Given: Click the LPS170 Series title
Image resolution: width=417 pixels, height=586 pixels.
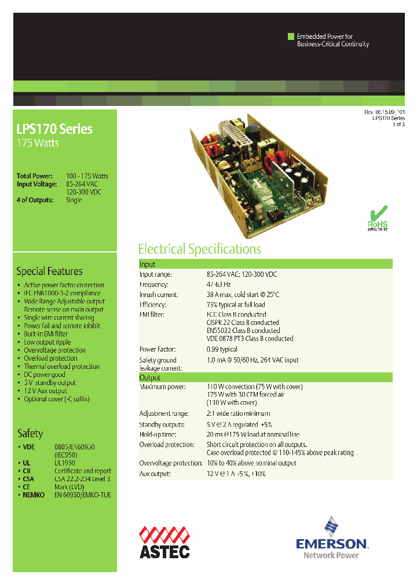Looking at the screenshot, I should [x=54, y=129].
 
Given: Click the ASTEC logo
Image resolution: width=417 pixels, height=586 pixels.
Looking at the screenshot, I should [x=164, y=543].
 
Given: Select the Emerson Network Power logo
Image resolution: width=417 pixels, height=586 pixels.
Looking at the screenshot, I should [x=331, y=539].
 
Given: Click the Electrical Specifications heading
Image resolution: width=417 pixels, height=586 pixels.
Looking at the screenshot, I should [x=199, y=249].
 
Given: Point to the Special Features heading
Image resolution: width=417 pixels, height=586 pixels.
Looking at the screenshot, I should [x=49, y=271].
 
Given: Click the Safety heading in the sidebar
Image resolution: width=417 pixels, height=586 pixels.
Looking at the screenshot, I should [x=30, y=433].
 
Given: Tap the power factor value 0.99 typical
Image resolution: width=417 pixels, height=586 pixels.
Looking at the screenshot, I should [x=222, y=349].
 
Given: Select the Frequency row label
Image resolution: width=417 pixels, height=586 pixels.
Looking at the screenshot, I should [x=153, y=284].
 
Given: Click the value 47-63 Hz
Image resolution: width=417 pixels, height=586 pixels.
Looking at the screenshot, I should [x=218, y=284].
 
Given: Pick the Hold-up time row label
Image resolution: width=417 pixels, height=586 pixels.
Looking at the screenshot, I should [x=158, y=434].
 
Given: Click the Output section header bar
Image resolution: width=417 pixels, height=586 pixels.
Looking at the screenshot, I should [x=265, y=378].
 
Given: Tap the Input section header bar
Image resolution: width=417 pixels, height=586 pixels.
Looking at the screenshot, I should [x=265, y=264].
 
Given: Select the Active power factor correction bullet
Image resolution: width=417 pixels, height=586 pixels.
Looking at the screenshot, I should [x=64, y=285].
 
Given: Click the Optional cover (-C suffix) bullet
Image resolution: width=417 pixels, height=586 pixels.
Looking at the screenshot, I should [x=57, y=398].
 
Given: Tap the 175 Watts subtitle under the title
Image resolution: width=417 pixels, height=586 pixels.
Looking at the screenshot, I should [x=38, y=143].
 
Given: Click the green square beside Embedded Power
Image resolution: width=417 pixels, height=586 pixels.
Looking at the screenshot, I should [x=291, y=36].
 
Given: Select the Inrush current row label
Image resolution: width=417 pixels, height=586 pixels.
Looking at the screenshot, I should [x=158, y=295].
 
